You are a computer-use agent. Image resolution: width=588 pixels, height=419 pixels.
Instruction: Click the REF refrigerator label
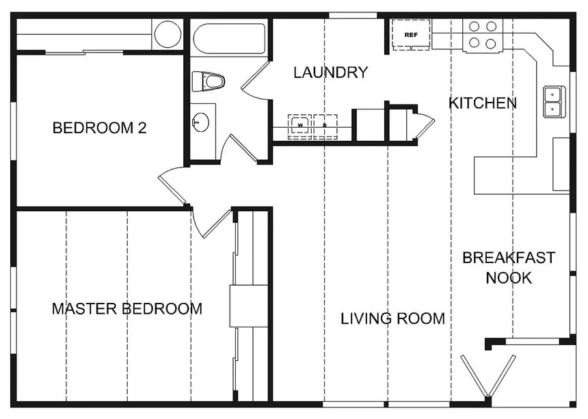click(411, 35)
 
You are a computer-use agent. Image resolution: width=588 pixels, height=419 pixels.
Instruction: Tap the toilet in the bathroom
click(208, 81)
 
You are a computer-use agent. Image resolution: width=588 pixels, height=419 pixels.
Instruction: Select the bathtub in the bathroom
click(229, 39)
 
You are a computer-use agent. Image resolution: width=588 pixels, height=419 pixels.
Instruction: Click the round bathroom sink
click(200, 122)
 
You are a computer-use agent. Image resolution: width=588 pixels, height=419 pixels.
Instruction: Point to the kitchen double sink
click(554, 101)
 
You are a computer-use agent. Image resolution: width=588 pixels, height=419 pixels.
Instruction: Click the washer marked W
click(300, 126)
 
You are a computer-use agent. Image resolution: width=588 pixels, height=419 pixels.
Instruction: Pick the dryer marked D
click(325, 126)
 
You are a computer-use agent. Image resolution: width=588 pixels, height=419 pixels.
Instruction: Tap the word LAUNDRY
click(330, 72)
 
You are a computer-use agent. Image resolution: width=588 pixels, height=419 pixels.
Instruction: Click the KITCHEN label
click(483, 103)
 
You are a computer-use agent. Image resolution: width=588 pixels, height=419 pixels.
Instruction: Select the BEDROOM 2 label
click(99, 128)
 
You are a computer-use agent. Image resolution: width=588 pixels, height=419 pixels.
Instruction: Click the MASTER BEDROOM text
click(127, 308)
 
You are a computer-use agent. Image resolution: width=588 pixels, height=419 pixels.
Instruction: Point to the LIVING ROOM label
click(392, 319)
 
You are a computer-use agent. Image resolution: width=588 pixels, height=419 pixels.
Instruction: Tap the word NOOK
click(509, 278)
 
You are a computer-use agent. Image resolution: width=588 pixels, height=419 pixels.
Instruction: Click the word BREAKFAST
click(509, 258)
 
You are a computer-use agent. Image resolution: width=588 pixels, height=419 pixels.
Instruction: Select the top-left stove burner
click(475, 26)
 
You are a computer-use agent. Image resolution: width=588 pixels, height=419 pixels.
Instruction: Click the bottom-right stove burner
click(491, 44)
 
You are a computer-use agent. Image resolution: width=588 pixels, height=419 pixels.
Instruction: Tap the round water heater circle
click(168, 33)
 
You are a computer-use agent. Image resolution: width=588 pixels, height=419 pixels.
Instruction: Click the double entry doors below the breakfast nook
click(488, 375)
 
